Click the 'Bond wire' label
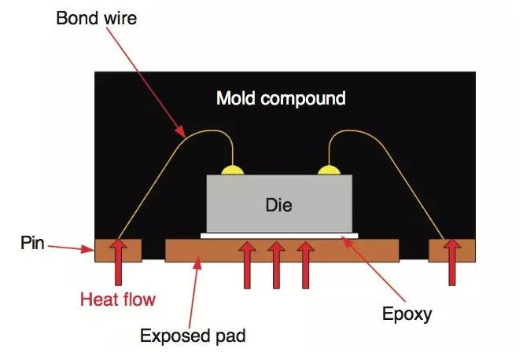96,17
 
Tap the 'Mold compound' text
281,98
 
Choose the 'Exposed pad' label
193,336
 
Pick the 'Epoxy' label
407,314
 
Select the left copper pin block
106,250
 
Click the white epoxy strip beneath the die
280,234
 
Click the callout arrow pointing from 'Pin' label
72,248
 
